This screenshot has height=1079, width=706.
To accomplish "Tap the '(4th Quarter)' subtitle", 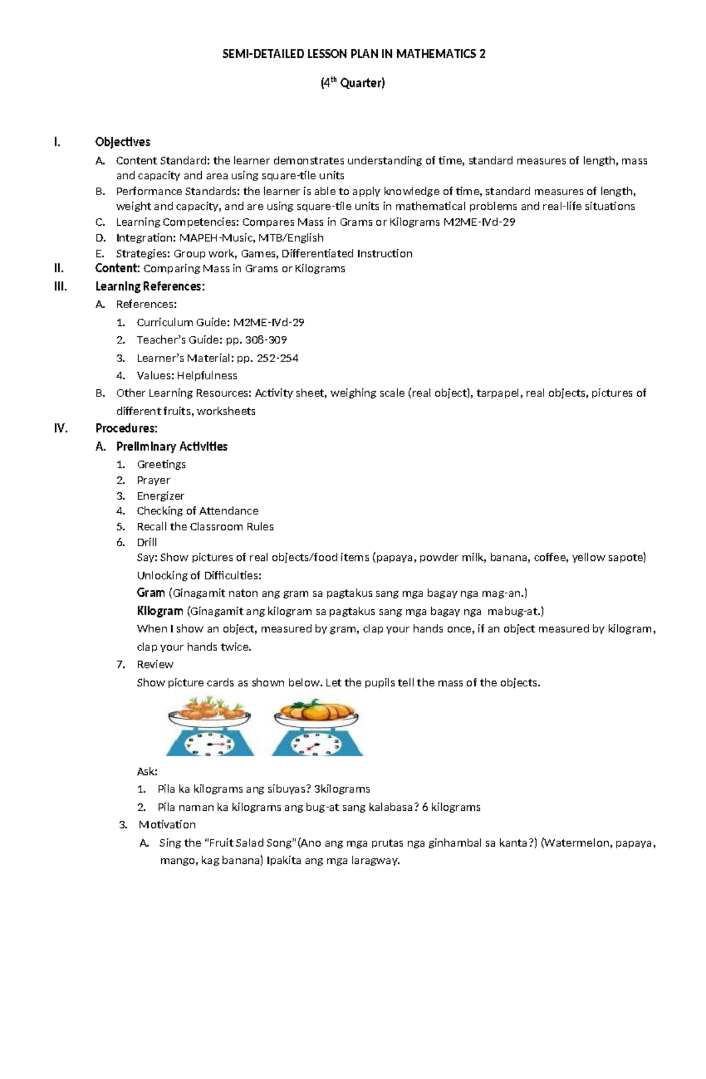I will [x=352, y=83].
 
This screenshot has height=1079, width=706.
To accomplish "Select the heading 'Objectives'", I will [x=122, y=142].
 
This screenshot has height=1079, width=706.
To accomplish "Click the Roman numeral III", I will [x=60, y=286].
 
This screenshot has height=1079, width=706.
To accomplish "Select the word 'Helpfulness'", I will [x=207, y=375].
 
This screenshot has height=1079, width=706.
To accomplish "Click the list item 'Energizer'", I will [x=161, y=496].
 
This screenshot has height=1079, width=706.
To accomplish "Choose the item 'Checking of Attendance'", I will [x=197, y=511].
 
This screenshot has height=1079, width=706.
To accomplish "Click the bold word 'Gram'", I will [x=151, y=593].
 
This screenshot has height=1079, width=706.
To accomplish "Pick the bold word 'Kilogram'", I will [x=160, y=611].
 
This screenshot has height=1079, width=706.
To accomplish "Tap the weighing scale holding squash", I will [x=317, y=727].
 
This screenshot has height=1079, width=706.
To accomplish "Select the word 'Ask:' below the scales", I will [x=147, y=771].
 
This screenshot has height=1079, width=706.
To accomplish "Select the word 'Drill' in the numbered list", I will [x=146, y=542].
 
